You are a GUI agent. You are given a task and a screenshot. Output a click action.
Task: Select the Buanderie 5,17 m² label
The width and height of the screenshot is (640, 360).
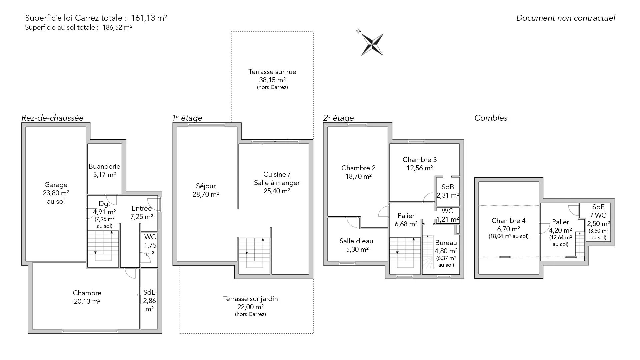104,170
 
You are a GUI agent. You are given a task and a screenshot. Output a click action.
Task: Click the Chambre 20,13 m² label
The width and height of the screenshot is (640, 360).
87,297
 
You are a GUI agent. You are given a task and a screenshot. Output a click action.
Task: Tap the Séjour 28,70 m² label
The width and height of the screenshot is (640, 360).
206,190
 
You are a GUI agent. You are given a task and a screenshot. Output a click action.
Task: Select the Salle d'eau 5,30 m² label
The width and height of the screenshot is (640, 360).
356,245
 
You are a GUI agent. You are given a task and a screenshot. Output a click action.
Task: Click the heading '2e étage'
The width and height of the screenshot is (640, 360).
338,118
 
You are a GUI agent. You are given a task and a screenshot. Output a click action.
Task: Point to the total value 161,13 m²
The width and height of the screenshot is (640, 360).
149,18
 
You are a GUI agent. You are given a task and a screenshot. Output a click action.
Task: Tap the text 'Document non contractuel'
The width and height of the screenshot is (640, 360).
566,18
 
